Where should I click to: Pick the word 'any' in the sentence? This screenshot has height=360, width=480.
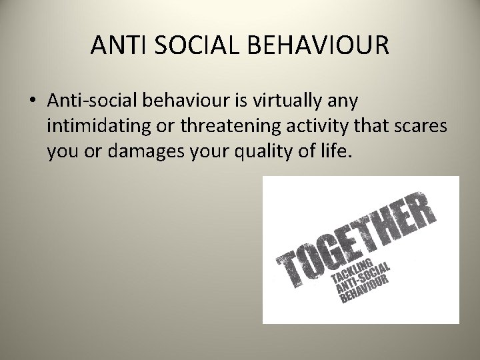click(341, 101)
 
